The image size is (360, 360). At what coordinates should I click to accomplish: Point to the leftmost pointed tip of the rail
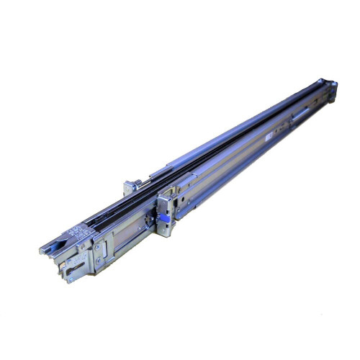pos(41,251)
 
